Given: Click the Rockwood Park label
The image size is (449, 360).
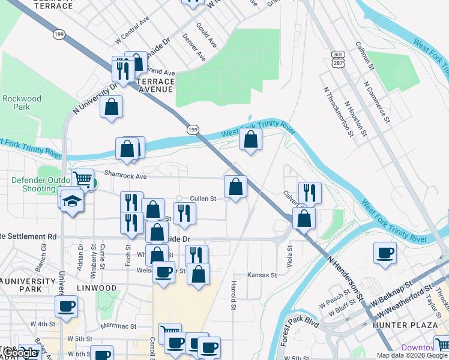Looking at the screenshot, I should click(x=22, y=103).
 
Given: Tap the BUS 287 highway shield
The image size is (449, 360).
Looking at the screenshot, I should click(x=337, y=58).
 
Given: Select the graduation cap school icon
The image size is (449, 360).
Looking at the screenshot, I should click(x=72, y=200).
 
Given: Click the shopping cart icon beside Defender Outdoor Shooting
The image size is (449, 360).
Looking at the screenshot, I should click(x=82, y=179).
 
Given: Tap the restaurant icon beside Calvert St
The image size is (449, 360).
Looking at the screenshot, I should click(x=310, y=192).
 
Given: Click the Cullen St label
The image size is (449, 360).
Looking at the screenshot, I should click(x=202, y=199).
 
